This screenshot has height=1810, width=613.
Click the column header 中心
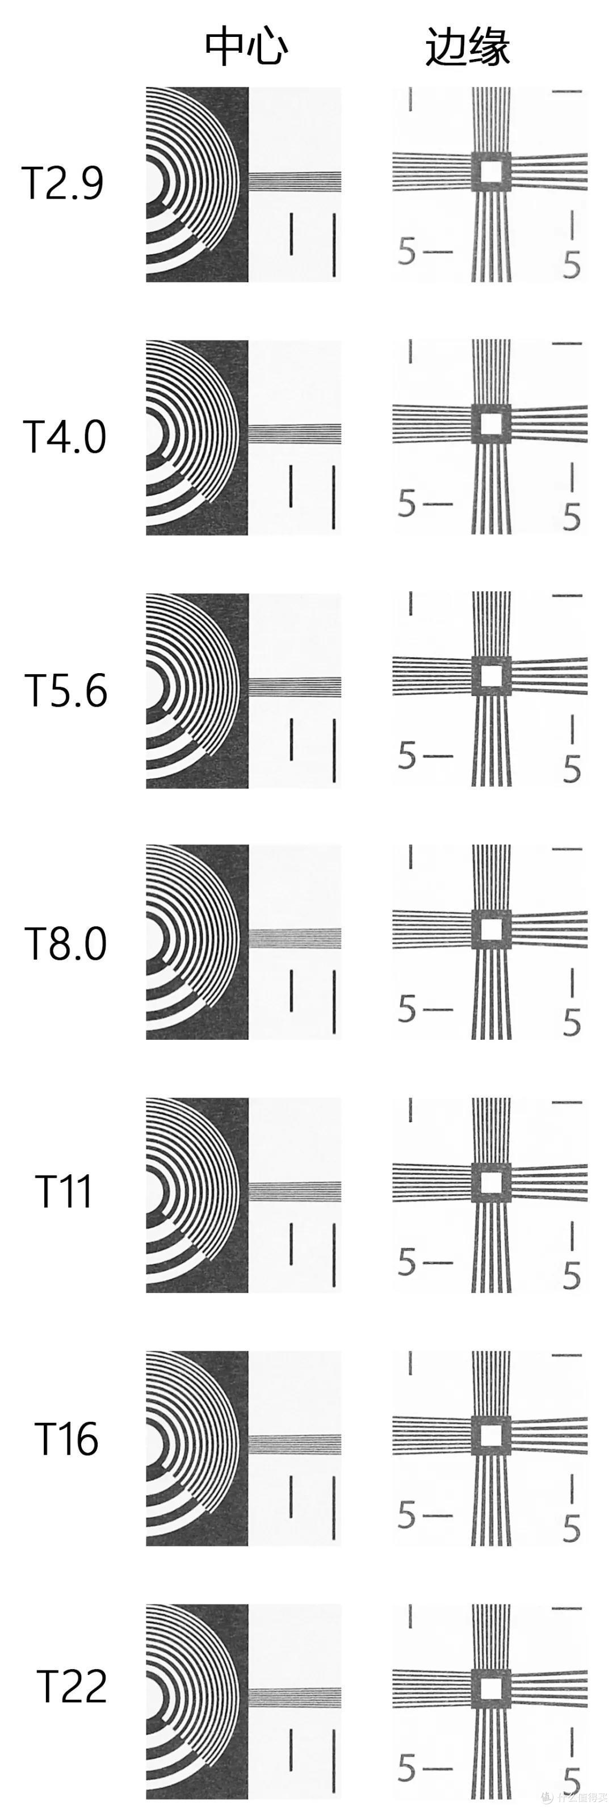click(246, 47)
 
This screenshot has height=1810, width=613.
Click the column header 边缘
click(467, 47)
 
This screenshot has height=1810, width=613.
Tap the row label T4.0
click(65, 436)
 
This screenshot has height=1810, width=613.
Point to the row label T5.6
click(66, 690)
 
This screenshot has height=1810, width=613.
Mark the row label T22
click(71, 1686)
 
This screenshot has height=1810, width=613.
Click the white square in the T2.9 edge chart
click(490, 171)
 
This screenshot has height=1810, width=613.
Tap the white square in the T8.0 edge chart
click(490, 930)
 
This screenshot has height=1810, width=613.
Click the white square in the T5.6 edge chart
click(490, 676)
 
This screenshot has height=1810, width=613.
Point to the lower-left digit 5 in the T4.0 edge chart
click(406, 504)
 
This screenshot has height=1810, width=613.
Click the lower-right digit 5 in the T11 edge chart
click(572, 1275)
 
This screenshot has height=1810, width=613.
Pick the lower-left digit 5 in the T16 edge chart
click(406, 1515)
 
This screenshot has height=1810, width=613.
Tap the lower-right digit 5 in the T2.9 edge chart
click(572, 266)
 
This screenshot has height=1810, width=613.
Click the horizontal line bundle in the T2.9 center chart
click(295, 182)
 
